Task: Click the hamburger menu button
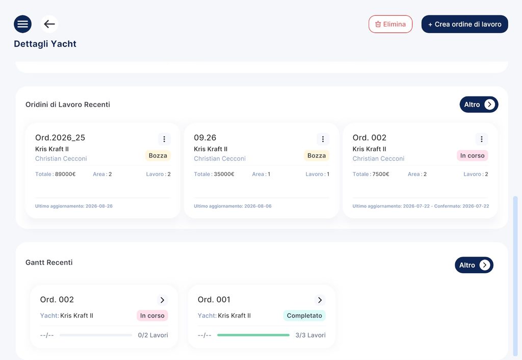click(22, 24)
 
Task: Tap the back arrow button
click(49, 24)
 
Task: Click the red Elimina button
click(390, 24)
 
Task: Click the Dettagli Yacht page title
click(45, 44)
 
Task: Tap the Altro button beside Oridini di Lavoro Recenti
click(479, 105)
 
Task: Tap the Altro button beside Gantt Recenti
click(474, 265)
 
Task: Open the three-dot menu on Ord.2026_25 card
click(164, 139)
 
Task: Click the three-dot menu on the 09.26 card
click(323, 139)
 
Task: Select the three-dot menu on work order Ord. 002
click(481, 139)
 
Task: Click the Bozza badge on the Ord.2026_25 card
click(158, 156)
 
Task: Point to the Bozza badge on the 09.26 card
click(317, 156)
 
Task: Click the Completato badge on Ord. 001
click(304, 315)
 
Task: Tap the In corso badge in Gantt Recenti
click(152, 315)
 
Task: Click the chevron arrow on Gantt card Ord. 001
click(320, 300)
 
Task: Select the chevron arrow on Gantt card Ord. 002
click(162, 300)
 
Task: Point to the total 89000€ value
click(65, 174)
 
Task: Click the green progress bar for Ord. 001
click(253, 335)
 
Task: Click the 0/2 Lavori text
click(153, 335)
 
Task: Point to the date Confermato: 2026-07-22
click(462, 206)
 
